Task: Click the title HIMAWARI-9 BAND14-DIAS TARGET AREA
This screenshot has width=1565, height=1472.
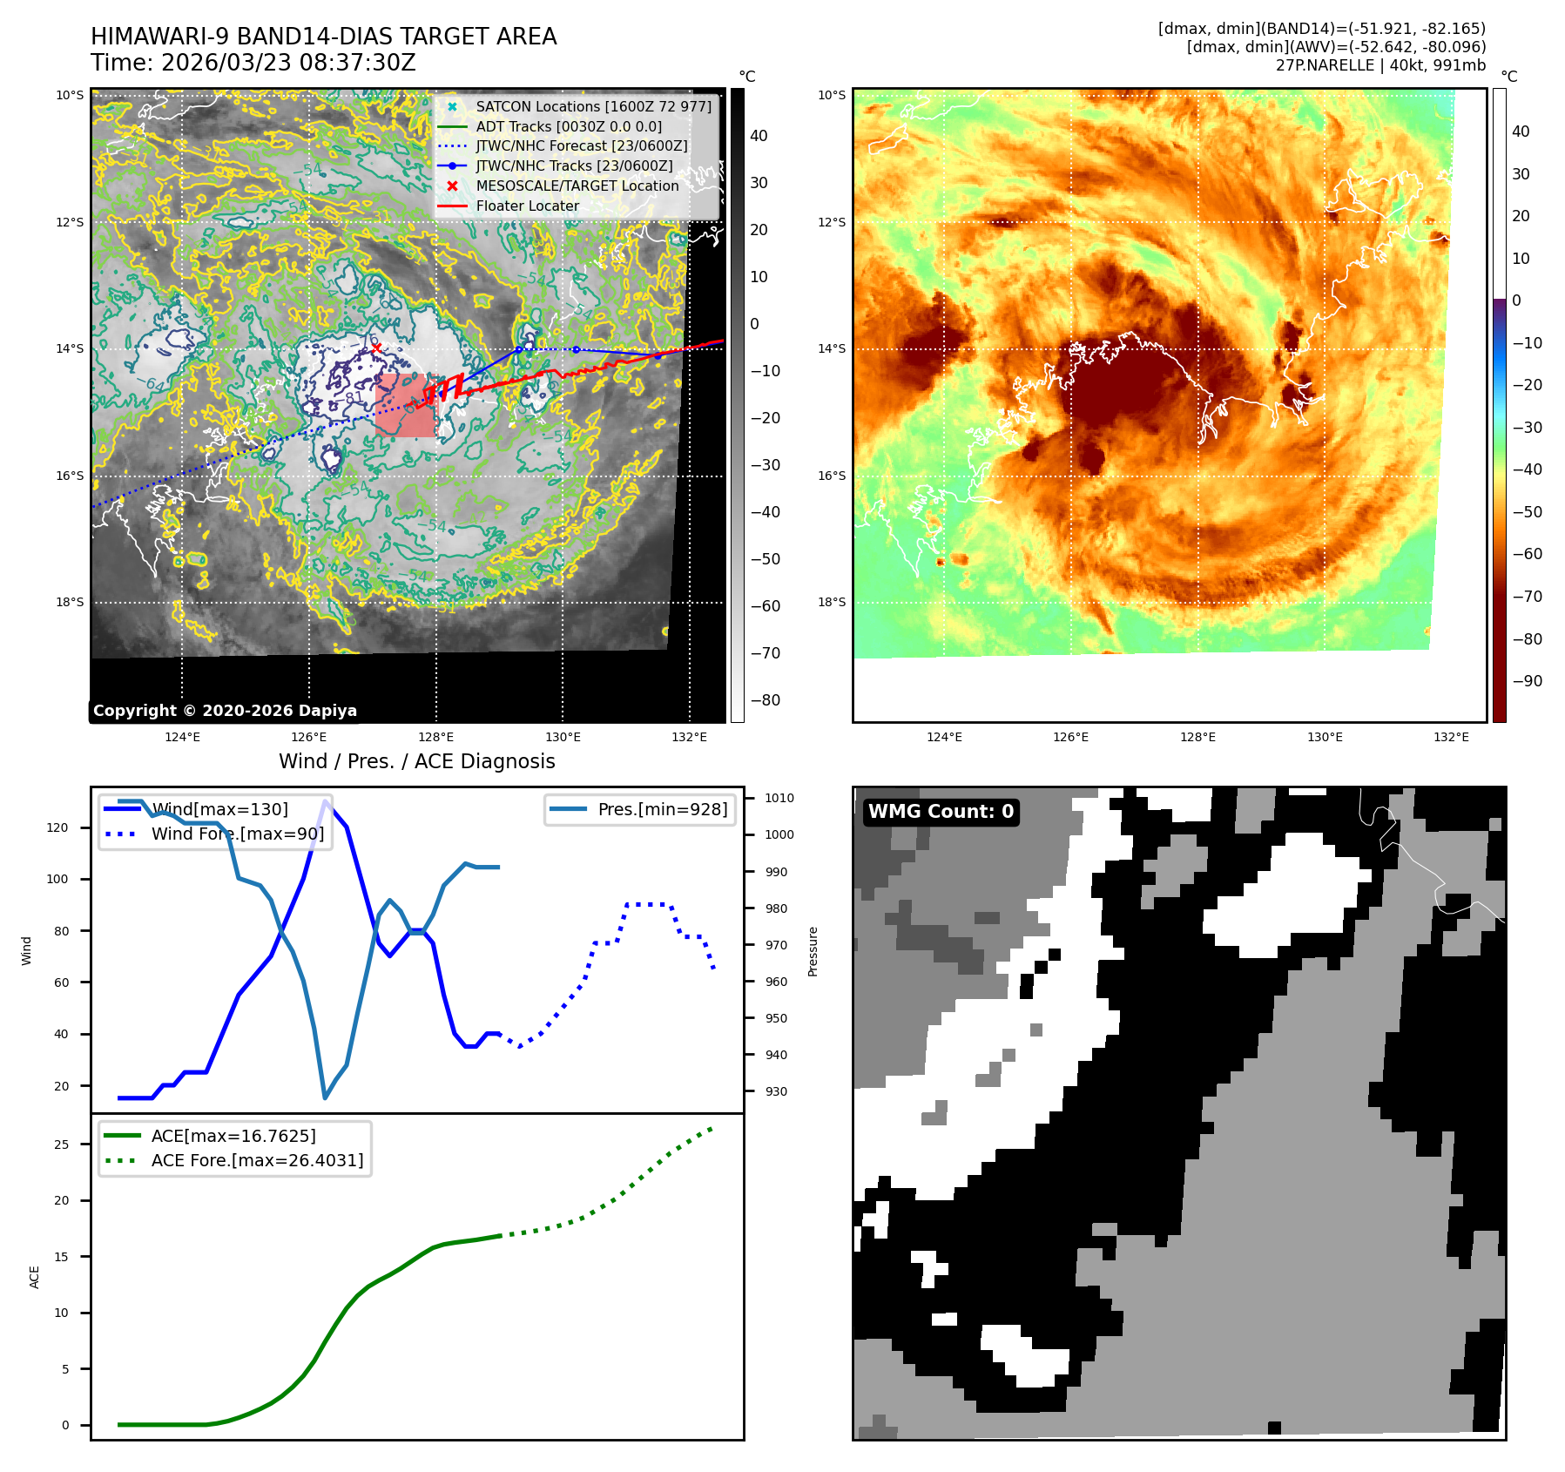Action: [323, 37]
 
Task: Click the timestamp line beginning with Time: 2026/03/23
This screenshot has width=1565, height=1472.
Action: [253, 63]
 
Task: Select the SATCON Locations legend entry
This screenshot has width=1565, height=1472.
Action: [593, 106]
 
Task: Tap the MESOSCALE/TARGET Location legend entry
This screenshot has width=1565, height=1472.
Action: [577, 186]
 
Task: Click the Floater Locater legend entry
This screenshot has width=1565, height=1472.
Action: [527, 206]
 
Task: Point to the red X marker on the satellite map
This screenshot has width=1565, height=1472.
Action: [376, 348]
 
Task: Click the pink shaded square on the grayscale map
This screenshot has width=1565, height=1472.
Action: [404, 405]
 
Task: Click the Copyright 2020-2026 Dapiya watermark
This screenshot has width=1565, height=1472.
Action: [225, 711]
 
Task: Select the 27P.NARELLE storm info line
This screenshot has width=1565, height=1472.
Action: [1380, 65]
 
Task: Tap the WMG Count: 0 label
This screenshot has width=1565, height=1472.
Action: [941, 811]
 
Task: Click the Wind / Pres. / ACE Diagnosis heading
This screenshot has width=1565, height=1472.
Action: [416, 761]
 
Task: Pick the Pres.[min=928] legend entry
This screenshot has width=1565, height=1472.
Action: [662, 809]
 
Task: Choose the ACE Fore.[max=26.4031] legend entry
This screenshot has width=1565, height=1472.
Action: [257, 1160]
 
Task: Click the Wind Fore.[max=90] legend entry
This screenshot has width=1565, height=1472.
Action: [237, 834]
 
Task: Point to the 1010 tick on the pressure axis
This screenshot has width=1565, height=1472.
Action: [779, 798]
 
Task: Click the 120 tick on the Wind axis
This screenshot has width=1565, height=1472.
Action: [57, 827]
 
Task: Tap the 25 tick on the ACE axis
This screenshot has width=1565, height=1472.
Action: [61, 1145]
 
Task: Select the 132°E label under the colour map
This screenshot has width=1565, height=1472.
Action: [1451, 737]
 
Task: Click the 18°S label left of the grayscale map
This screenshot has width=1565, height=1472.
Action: [70, 602]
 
